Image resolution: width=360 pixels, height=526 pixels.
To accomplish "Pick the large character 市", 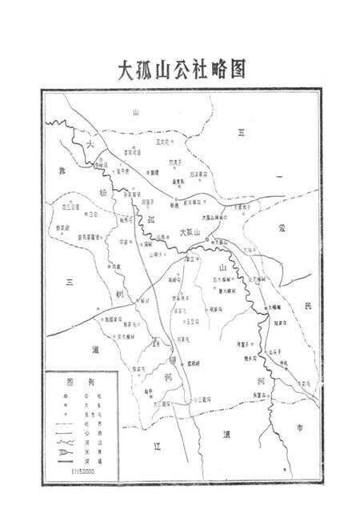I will point(300,429).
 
